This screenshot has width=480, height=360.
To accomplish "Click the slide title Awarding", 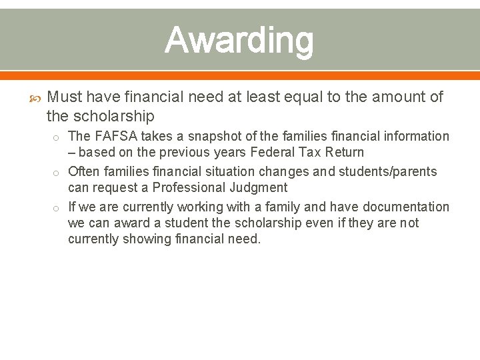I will pyautogui.click(x=239, y=40).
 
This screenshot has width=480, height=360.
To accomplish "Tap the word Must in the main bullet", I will pyautogui.click(x=65, y=97).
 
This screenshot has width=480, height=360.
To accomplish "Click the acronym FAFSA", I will pyautogui.click(x=115, y=137).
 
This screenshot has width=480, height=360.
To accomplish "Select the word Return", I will pyautogui.click(x=346, y=153).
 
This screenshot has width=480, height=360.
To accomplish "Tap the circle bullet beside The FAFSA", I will pyautogui.click(x=58, y=137).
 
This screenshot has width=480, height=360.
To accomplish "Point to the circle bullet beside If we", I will pyautogui.click(x=58, y=208).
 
